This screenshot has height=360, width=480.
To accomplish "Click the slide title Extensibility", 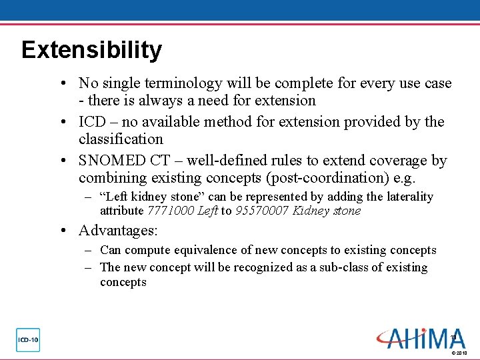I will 91,50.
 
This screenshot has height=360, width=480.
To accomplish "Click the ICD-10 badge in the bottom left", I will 28,340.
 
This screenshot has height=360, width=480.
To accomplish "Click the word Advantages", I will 117,231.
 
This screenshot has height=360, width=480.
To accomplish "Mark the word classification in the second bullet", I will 121,139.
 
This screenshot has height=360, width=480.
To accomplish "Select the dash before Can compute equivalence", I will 88,250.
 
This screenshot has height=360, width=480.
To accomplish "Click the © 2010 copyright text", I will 459,353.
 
